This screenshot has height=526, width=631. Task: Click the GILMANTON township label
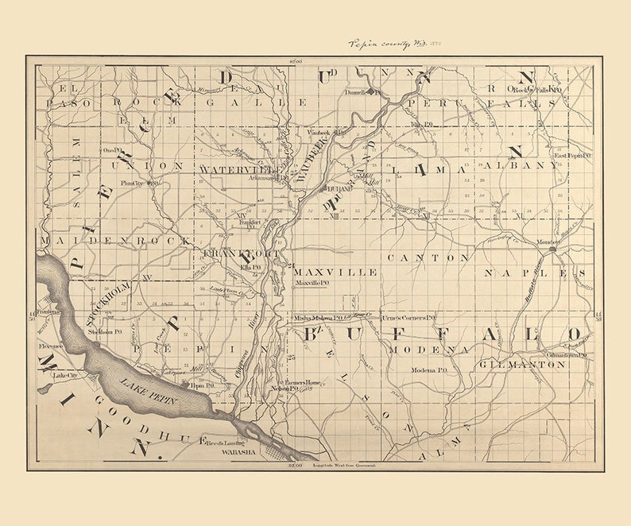[522, 364]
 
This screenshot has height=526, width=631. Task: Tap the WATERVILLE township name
[236, 169]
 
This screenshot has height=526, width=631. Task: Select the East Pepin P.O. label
[572, 156]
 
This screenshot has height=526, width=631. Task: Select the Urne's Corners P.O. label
[408, 317]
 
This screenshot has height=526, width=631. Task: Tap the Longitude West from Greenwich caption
[339, 465]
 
